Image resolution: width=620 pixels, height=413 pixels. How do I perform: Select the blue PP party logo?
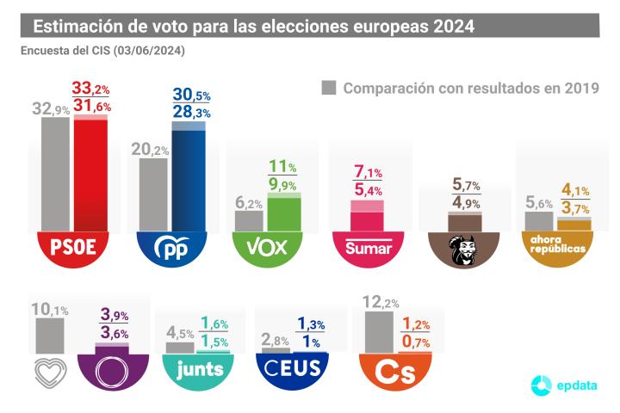click(175, 249)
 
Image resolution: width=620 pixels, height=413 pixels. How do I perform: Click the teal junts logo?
click(200, 370)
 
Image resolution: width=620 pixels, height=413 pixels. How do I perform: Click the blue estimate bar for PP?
click(189, 176)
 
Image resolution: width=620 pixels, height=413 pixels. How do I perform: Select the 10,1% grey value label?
click(48, 309)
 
